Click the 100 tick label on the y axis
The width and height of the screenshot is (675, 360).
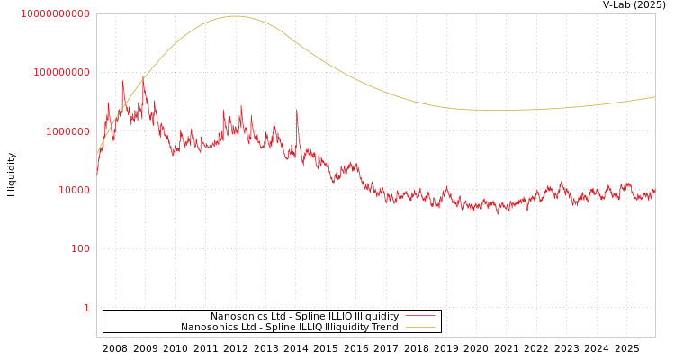tap(79, 248)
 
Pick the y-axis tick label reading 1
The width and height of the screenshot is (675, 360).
tap(86, 308)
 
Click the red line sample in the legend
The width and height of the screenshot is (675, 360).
tap(419, 316)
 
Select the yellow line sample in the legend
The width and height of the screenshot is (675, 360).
tap(419, 327)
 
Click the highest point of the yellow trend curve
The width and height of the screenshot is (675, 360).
tap(236, 16)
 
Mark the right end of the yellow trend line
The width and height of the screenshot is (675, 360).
tap(654, 97)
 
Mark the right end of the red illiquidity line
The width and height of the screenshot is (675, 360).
tap(654, 191)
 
